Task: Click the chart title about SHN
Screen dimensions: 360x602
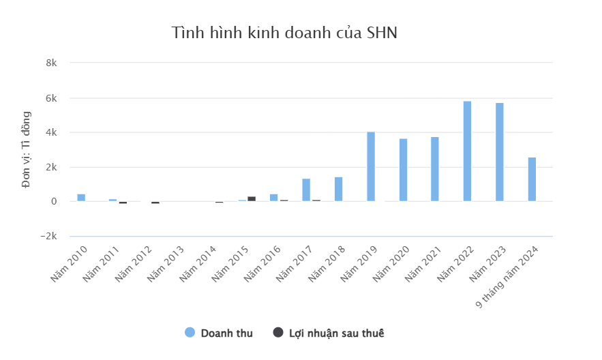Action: [x=284, y=33]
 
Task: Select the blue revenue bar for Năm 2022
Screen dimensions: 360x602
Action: [x=467, y=151]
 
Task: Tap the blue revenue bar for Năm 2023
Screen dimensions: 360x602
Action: [x=500, y=152]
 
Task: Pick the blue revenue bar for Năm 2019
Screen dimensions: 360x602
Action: [x=371, y=166]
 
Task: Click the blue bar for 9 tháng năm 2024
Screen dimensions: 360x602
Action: [x=532, y=179]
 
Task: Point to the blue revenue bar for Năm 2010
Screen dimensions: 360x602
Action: [x=81, y=198]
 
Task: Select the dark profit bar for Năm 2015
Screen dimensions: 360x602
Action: [x=252, y=198]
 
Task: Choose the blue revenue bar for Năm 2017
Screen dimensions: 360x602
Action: [x=306, y=190]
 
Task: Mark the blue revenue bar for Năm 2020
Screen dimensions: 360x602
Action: [x=403, y=170]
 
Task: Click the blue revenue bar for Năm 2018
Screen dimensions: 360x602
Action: [x=338, y=189]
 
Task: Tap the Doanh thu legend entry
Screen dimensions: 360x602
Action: [x=219, y=333]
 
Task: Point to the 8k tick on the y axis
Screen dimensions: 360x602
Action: [x=51, y=63]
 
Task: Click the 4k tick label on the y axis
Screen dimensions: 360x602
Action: [x=51, y=132]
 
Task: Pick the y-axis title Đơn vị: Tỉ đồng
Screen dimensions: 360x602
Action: [x=27, y=149]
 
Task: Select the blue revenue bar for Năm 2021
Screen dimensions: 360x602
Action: [x=435, y=169]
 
